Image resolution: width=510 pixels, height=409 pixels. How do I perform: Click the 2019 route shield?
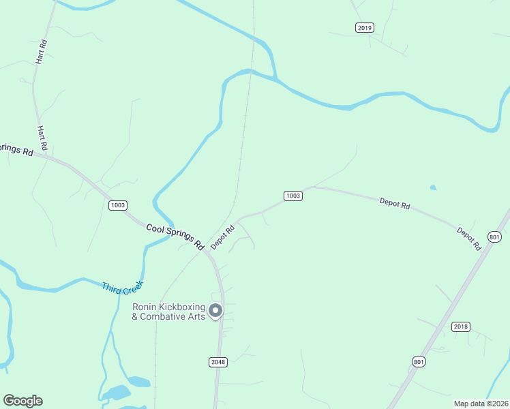pos(365,27)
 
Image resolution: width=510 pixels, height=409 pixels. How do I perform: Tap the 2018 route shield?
pos(461,327)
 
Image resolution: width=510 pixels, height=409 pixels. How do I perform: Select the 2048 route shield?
pos(218,362)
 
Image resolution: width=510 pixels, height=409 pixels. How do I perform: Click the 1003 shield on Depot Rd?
pos(292,196)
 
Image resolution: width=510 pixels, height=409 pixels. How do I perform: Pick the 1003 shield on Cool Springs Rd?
pos(118,205)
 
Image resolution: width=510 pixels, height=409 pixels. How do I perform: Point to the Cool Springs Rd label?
pos(175,235)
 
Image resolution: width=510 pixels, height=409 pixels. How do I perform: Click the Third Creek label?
pos(123,288)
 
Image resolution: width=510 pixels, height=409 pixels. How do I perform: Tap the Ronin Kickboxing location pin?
pos(215,311)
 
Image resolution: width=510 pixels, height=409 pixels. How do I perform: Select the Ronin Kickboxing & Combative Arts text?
pos(168,312)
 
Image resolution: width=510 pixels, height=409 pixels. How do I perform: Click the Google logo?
pos(22,401)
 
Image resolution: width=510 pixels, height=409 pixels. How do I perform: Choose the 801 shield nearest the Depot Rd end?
pos(494,237)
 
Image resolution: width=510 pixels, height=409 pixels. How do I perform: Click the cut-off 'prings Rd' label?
pos(16,149)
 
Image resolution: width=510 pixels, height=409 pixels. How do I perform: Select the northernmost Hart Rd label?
pos(43,52)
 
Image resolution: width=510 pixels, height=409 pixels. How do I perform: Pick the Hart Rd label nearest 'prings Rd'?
pos(42,138)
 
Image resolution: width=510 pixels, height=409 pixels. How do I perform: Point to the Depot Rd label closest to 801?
pos(468,238)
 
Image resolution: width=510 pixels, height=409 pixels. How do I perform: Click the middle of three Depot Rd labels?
pos(395,203)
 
